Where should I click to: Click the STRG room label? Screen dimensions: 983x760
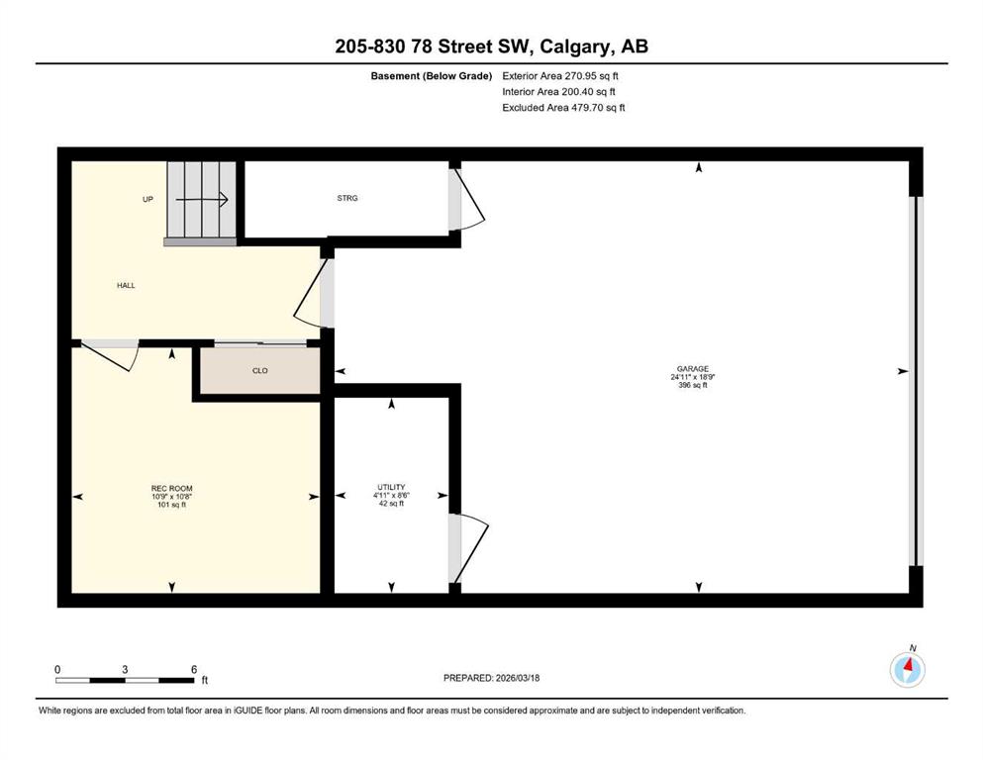(x=347, y=198)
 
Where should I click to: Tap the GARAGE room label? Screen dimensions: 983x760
(x=693, y=369)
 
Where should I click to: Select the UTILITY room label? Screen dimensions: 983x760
(x=391, y=487)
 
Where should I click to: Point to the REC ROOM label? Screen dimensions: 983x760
(x=172, y=488)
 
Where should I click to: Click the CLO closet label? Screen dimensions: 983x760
(x=260, y=371)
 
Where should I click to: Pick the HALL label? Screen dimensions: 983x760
(x=126, y=286)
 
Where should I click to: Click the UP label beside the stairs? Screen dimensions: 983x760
(x=147, y=199)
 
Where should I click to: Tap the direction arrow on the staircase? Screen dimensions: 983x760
(x=201, y=200)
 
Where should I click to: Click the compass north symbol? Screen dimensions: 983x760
(x=907, y=669)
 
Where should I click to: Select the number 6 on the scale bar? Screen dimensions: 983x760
(x=194, y=669)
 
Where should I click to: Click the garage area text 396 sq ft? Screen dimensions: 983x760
(x=693, y=385)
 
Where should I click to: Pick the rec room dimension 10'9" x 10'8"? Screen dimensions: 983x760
(x=172, y=496)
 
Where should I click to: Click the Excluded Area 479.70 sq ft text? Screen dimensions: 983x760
(x=563, y=108)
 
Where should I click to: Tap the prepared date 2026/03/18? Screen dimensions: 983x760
(x=518, y=678)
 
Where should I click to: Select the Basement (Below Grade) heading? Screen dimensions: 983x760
(x=432, y=76)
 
